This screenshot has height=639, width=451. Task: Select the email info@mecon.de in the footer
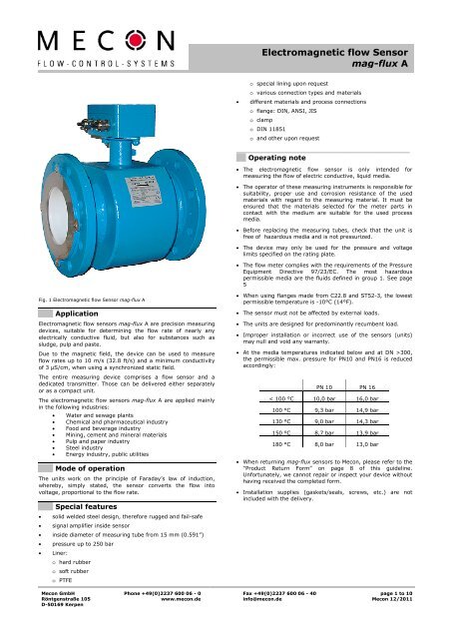tap(264, 626)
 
